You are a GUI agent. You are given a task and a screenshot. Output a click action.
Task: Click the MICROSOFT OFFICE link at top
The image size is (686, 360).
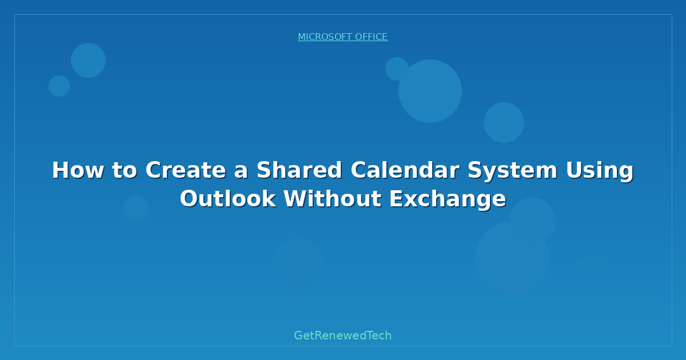pos(342,37)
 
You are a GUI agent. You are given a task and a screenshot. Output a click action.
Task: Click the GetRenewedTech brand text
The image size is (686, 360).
pos(342,335)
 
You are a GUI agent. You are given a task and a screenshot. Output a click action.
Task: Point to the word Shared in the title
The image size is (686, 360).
pos(299,170)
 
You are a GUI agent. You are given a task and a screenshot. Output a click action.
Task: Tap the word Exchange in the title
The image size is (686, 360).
pos(448,199)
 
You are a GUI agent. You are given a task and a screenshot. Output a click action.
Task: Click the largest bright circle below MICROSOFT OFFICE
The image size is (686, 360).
pos(430,91)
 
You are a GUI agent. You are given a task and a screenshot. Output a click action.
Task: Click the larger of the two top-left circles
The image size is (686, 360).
pos(88,60)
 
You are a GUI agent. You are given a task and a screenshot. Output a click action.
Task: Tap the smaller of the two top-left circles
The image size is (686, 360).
pos(59,86)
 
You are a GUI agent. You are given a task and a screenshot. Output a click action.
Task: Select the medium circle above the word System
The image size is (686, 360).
pos(504,122)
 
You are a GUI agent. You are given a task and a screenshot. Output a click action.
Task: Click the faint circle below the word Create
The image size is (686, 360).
pos(135,209)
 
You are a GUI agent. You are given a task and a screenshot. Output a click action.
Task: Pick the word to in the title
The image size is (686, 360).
pos(121,170)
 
